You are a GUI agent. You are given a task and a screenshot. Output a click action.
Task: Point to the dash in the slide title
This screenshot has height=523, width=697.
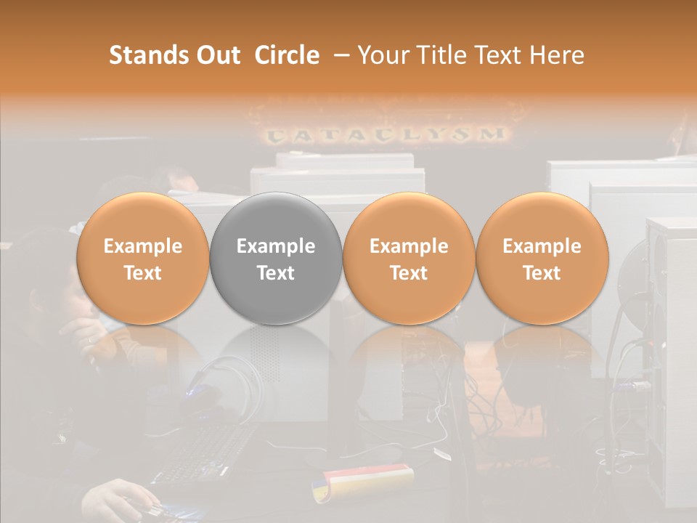(x=339, y=56)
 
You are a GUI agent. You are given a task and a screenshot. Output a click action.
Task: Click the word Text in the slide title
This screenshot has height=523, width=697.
(x=500, y=55)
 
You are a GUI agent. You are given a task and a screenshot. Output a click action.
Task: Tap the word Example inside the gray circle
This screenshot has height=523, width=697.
(x=276, y=246)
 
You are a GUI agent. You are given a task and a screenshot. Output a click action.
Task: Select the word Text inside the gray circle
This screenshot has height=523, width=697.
(x=276, y=273)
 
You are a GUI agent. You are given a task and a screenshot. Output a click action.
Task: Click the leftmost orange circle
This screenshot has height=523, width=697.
(x=143, y=259)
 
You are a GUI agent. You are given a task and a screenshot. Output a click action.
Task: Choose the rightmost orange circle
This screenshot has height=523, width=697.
(x=542, y=259)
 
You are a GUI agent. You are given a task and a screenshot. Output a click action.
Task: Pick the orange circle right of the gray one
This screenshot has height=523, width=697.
(x=409, y=259)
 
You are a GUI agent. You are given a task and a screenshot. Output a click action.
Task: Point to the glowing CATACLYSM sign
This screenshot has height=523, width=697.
(x=385, y=134)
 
